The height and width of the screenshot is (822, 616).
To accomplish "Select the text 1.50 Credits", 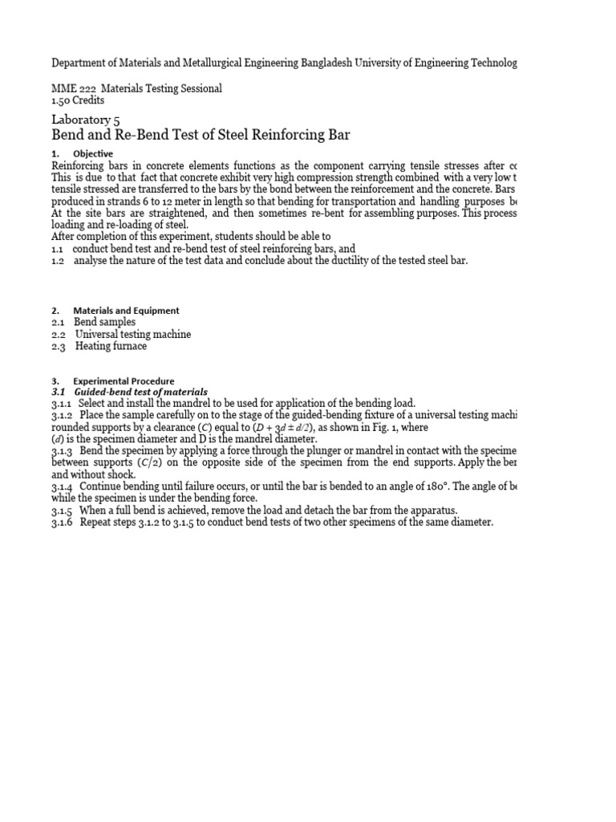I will tap(79, 100).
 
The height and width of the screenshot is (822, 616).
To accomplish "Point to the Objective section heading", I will tap(93, 153).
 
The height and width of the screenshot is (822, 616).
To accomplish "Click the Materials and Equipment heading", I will tap(126, 310).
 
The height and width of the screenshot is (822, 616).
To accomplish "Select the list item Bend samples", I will tap(106, 322).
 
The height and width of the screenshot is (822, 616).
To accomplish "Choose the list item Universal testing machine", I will tap(133, 334).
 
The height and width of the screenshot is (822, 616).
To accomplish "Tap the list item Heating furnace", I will tap(111, 346).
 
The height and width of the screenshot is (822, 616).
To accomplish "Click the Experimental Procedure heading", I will tap(124, 380).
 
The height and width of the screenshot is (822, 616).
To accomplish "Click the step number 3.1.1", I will tap(63, 403).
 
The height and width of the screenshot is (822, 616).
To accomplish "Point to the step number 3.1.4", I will tap(63, 486).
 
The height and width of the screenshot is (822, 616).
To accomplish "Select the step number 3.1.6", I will tap(63, 523).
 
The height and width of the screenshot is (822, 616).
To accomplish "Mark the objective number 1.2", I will tap(58, 261).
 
